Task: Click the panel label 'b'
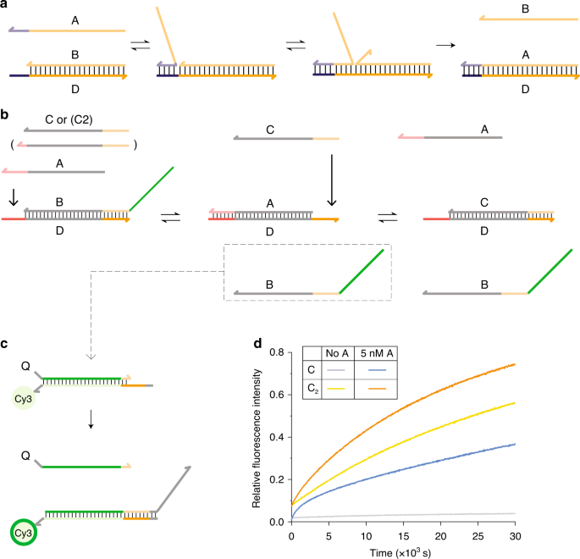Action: coord(7,113)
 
